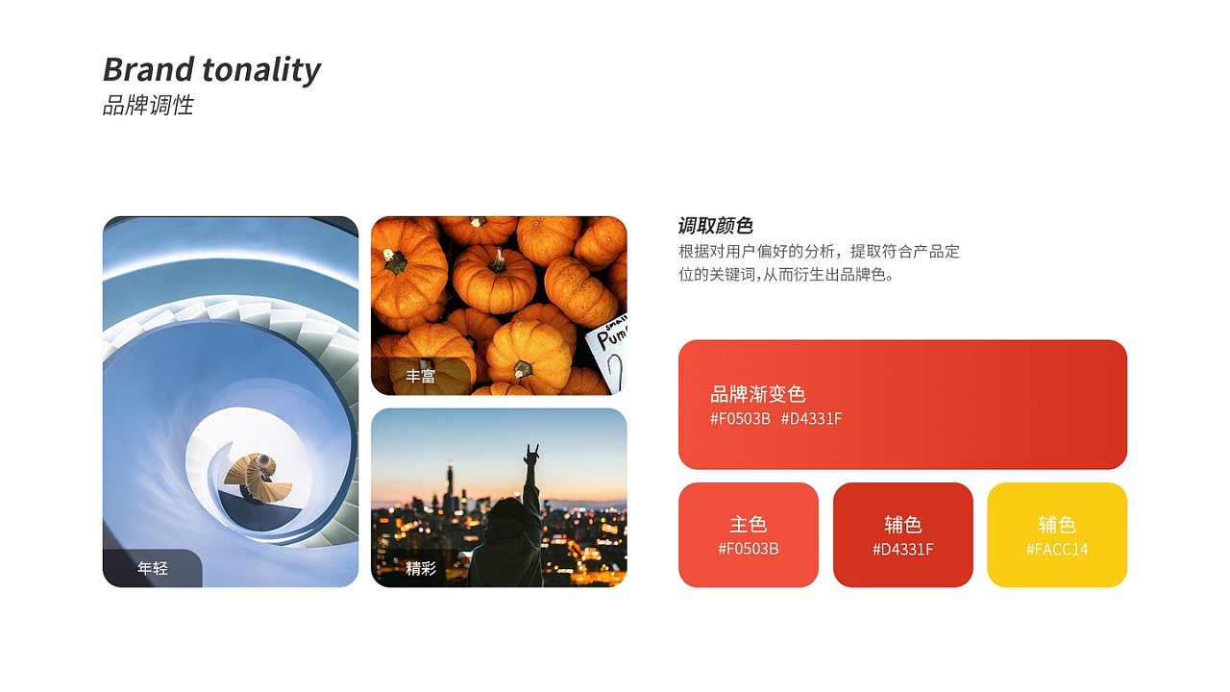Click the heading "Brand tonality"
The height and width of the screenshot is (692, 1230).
point(211,70)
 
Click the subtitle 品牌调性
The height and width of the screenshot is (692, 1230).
point(148,106)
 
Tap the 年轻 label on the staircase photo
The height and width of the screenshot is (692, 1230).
point(153,568)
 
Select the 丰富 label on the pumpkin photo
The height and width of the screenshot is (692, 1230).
point(420,376)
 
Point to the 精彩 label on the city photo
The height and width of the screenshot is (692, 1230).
point(420,568)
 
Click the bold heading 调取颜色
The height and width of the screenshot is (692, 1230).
point(715,226)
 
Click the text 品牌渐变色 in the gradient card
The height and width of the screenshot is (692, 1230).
point(757,394)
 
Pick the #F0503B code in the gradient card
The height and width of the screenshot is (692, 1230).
point(740,419)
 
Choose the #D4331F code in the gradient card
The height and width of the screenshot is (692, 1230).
point(811,419)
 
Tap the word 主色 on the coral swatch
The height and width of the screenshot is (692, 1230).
point(748,525)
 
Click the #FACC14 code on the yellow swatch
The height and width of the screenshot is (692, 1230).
point(1057,550)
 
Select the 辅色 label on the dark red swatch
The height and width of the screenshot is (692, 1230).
point(902,525)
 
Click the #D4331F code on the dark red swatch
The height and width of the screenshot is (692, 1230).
point(902,550)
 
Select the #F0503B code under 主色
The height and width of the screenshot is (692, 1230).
point(748,550)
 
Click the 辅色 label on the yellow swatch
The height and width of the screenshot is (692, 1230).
point(1057,525)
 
